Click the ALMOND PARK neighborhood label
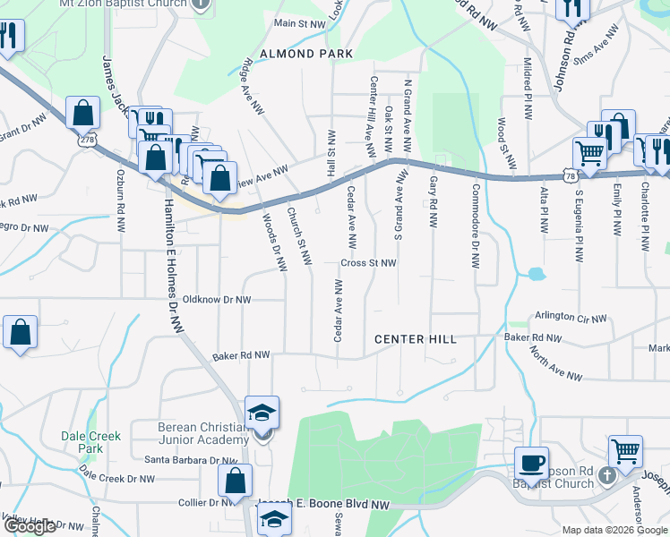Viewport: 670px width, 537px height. (300, 54)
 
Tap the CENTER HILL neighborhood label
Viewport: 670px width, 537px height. (416, 339)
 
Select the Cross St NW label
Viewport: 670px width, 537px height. (368, 263)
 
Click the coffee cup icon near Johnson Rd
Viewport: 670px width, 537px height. (532, 463)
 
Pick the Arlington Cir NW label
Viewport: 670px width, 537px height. (571, 317)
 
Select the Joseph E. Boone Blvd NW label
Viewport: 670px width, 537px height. (323, 505)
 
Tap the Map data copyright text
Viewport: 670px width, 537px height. (615, 530)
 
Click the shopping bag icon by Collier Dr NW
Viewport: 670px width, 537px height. (234, 480)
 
